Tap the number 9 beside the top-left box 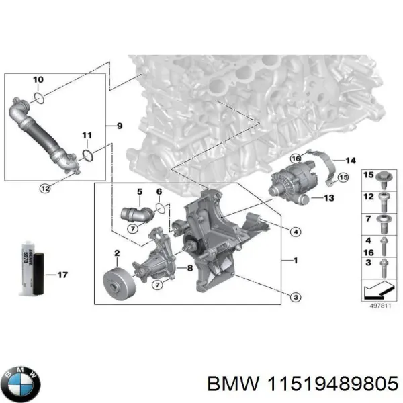pyautogui.click(x=119, y=125)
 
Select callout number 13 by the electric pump pyautogui.click(x=328, y=198)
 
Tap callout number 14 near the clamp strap pyautogui.click(x=350, y=161)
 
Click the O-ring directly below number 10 pyautogui.click(x=40, y=99)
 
